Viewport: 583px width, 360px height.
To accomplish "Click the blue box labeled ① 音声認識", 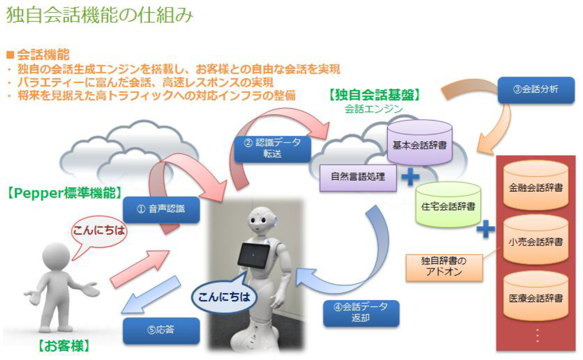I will (161, 209).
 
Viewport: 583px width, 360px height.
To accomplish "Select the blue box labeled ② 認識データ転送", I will (272, 149).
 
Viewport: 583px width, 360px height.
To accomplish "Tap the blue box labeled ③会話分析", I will (535, 90).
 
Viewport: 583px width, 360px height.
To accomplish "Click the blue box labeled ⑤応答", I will (161, 331).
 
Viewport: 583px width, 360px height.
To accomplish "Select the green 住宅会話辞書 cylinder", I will (448, 207).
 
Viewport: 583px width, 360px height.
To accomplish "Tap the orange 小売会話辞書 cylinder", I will (536, 242).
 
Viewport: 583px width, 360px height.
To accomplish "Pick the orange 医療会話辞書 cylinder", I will (536, 298).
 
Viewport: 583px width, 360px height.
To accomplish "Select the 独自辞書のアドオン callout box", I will (444, 267).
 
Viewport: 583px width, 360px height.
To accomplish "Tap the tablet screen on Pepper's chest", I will (254, 255).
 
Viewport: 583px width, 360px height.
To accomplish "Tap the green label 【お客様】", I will (64, 346).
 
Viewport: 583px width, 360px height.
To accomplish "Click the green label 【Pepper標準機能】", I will (64, 193).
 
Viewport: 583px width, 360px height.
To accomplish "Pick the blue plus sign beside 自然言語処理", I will (410, 177).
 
